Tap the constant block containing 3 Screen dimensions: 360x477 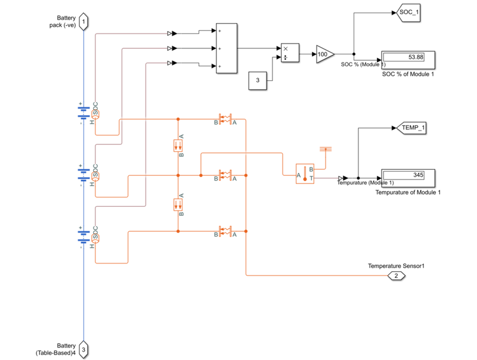(258, 80)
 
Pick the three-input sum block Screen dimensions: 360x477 (226, 48)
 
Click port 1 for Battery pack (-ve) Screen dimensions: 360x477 (83, 22)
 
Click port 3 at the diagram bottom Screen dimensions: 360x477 (83, 349)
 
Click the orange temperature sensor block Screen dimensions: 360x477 (305, 173)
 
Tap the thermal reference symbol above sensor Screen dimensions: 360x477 (326, 148)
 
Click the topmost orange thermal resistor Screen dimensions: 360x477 (226, 120)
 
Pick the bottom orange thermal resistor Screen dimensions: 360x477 (226, 231)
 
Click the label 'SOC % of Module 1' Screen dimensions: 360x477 (408, 73)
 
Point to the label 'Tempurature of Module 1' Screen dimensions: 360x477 (408, 193)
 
